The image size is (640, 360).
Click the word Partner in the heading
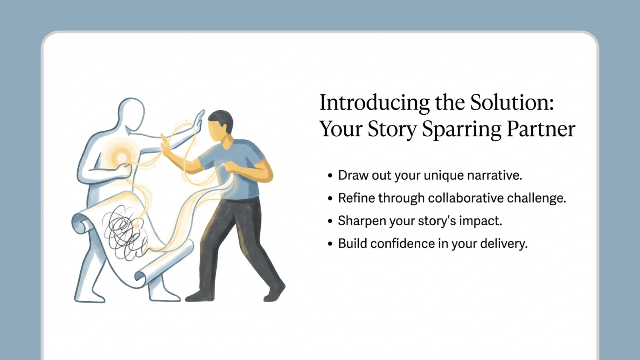[541, 129]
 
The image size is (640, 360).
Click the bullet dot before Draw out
[330, 176]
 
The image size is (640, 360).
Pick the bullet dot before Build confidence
[330, 244]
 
